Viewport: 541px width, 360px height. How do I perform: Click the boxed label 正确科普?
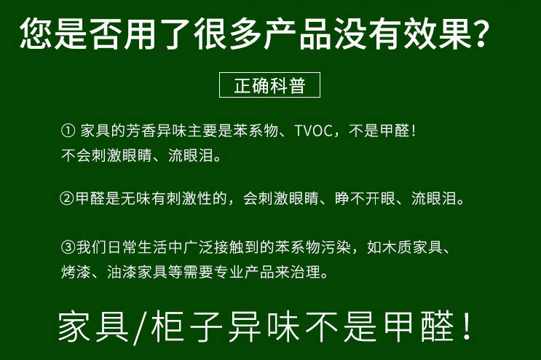[270, 85]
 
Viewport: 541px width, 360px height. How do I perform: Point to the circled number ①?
[68, 131]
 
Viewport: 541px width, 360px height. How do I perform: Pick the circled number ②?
[67, 199]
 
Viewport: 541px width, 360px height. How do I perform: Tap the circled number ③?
[68, 247]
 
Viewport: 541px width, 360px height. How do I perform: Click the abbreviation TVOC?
[313, 131]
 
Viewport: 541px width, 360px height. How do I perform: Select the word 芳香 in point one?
[141, 131]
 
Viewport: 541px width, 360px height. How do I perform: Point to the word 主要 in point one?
[202, 131]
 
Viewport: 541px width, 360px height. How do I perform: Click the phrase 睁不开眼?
[365, 199]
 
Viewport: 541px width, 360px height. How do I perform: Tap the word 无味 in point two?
[135, 199]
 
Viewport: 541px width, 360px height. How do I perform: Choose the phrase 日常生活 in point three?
[138, 247]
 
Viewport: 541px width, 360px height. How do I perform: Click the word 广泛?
[198, 247]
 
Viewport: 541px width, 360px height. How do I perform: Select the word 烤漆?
[76, 272]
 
